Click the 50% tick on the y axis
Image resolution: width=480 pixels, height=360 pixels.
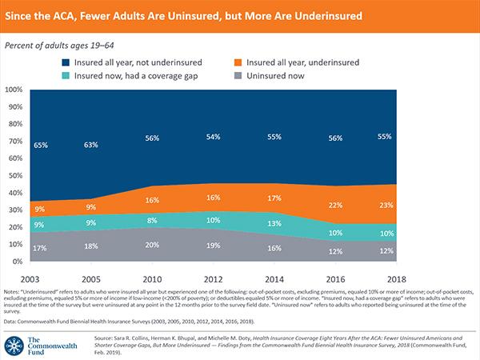click(x=16, y=176)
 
